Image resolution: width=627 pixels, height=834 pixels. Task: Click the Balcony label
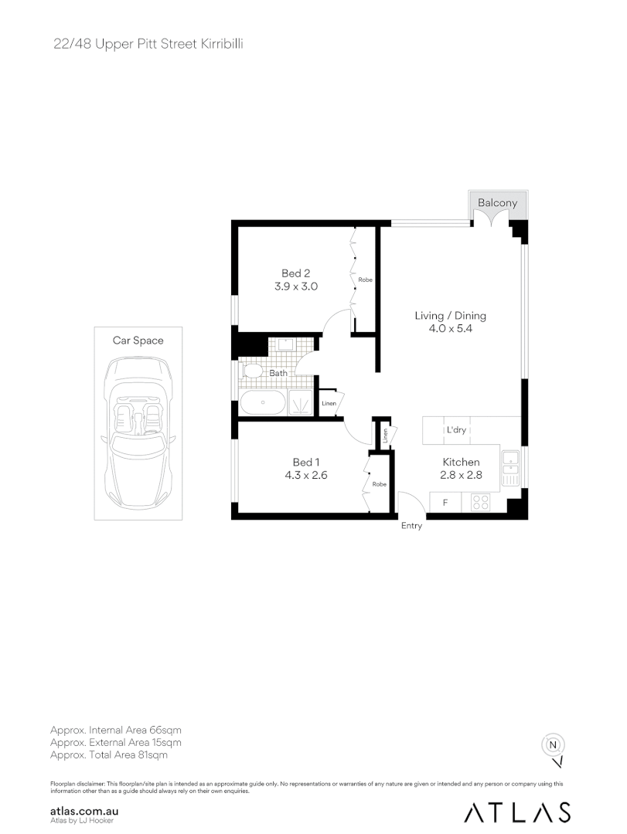coord(497,203)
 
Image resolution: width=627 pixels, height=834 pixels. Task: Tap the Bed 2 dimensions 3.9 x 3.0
coord(295,286)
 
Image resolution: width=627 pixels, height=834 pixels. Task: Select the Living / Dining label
coord(450,315)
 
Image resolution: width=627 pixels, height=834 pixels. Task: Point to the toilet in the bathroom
coord(253,371)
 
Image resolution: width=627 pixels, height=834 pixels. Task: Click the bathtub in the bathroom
coord(262,402)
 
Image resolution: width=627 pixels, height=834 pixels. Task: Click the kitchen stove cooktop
coord(480,503)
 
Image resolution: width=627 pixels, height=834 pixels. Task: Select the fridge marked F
coord(445,503)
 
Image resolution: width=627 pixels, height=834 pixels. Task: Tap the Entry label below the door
coord(411,526)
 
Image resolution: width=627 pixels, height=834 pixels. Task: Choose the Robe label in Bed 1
coord(379,484)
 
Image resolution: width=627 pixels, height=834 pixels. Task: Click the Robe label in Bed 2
coord(365,280)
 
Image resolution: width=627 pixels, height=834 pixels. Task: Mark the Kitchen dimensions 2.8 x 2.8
coord(462,476)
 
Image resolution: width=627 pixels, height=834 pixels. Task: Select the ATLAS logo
coord(518,812)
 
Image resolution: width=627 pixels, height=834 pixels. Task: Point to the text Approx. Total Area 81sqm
coord(108,755)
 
